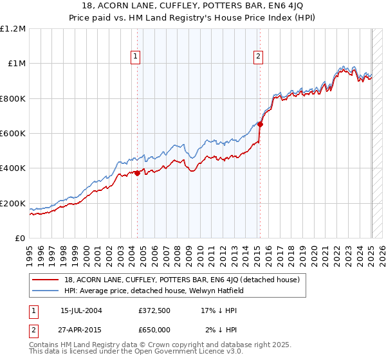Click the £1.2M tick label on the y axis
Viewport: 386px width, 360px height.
pyautogui.click(x=13, y=29)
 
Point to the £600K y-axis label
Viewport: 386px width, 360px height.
pyautogui.click(x=13, y=134)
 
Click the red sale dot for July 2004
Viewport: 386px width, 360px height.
pyautogui.click(x=138, y=173)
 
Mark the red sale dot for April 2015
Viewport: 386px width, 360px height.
pyautogui.click(x=261, y=125)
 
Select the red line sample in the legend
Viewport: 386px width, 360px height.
pyautogui.click(x=46, y=280)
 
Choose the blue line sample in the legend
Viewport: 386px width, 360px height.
pyautogui.click(x=46, y=291)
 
